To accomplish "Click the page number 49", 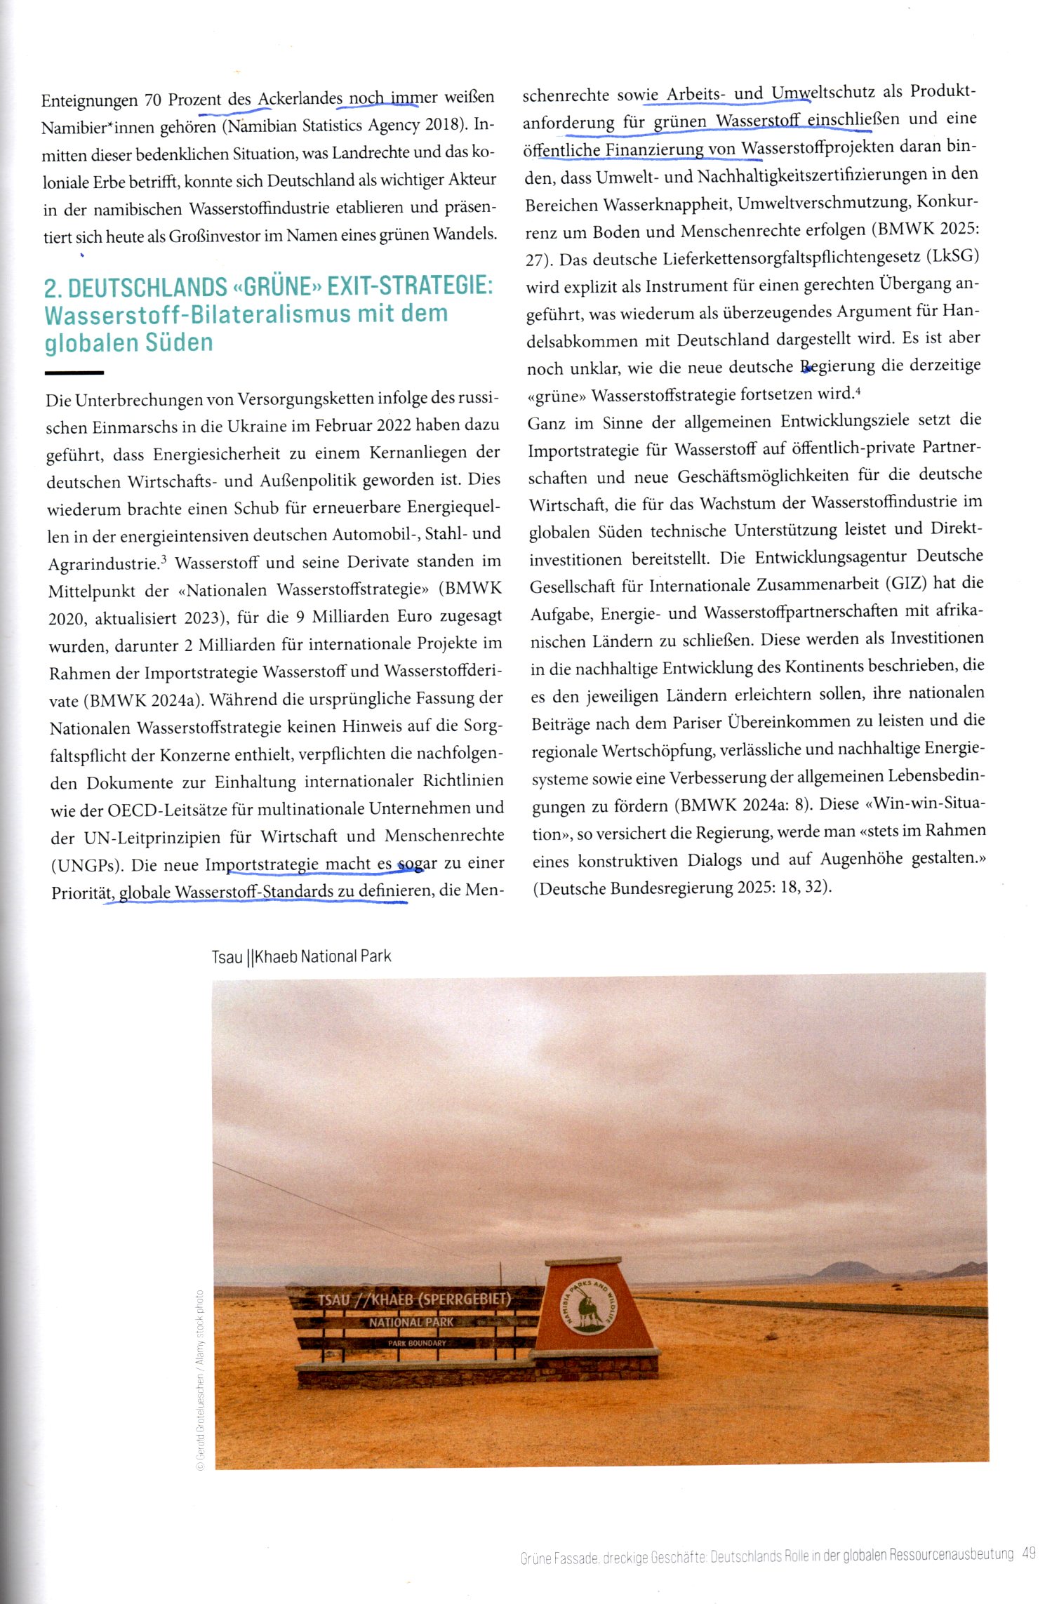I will pos(1029,1553).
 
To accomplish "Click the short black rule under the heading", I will pos(74,373).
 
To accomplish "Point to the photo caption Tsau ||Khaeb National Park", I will pos(301,956).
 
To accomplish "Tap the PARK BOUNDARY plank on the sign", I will pos(417,1343).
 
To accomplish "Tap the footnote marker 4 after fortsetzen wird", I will pos(858,390).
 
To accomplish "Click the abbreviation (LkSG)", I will pos(952,257).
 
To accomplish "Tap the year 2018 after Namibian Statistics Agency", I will pos(441,126).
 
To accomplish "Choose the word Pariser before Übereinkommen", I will pos(698,723).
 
